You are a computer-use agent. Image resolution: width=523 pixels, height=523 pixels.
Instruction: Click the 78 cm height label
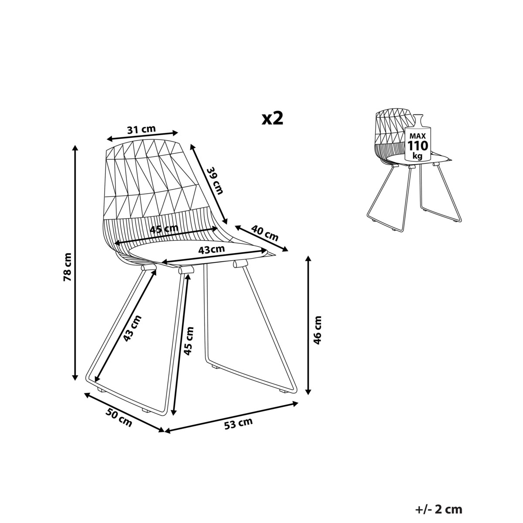67,267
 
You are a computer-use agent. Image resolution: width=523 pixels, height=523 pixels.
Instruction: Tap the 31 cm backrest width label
141,129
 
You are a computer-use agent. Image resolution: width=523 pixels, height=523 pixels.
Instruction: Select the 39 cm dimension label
215,181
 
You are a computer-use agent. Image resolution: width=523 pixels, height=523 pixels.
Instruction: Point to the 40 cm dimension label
265,233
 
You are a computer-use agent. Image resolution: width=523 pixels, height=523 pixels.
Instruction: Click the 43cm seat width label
211,249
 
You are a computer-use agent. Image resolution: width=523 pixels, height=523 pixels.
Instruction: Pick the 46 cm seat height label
317,330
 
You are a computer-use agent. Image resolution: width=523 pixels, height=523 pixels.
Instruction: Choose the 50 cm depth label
119,421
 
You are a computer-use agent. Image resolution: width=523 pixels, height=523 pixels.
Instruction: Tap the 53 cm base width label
238,424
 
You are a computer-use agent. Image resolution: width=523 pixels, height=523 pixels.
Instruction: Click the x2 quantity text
272,119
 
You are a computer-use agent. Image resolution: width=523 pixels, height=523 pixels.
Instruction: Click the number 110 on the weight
418,146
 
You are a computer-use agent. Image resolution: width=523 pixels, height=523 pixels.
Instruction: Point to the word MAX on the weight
418,136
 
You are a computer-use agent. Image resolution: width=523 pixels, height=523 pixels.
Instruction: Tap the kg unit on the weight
418,156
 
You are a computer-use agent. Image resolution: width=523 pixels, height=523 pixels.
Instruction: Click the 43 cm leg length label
132,328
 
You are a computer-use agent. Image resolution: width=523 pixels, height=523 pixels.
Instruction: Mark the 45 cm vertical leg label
188,341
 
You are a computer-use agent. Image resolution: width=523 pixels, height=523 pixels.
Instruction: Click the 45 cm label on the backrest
164,229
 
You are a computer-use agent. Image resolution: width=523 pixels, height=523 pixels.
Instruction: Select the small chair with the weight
414,170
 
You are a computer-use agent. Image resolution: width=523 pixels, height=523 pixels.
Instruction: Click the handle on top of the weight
418,120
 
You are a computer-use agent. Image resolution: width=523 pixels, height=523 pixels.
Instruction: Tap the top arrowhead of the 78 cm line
75,148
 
